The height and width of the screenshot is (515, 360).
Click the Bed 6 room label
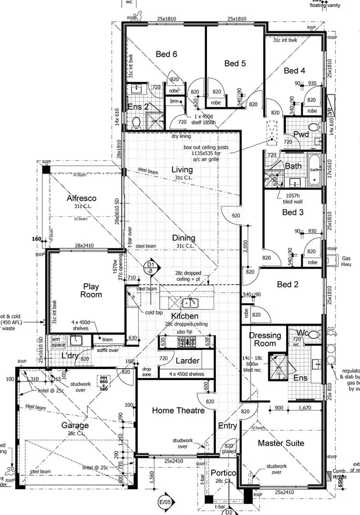click(166, 54)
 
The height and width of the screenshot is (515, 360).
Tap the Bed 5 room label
click(235, 63)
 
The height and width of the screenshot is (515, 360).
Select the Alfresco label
click(82, 198)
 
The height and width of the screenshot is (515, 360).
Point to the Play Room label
click(91, 290)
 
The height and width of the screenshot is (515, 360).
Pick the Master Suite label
click(281, 443)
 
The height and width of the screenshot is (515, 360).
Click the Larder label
click(187, 360)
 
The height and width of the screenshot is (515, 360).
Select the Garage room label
click(75, 425)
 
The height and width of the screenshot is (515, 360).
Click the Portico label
click(224, 473)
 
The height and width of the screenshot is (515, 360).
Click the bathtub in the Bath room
click(315, 170)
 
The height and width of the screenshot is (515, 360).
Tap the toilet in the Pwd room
click(314, 128)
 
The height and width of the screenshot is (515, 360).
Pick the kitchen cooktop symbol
click(186, 342)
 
